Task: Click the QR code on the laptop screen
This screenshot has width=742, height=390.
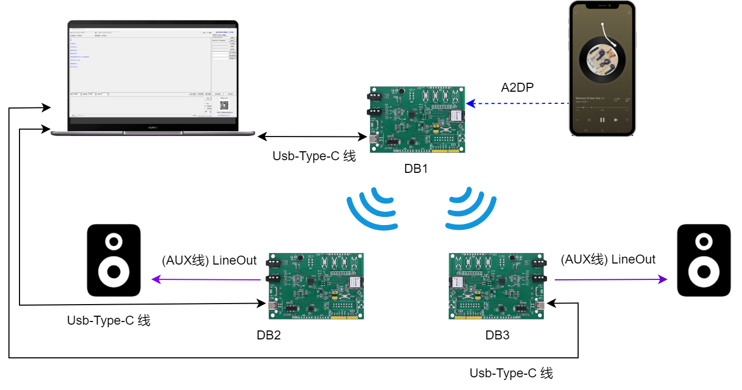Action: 224,105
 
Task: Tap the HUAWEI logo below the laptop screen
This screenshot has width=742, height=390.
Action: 153,127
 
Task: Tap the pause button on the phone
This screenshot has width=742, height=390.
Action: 602,120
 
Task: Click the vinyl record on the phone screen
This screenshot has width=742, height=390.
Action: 602,60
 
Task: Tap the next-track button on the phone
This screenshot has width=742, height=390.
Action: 616,120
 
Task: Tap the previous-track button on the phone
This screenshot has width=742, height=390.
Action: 589,120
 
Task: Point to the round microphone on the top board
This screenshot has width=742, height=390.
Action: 402,92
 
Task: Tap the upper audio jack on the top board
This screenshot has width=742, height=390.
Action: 374,97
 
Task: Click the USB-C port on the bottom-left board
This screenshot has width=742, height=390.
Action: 272,307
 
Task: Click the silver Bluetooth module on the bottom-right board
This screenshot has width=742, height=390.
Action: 456,282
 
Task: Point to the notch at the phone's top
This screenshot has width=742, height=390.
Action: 602,6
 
